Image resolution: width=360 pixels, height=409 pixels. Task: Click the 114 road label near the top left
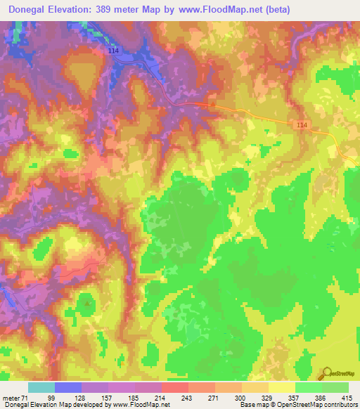pyautogui.click(x=114, y=51)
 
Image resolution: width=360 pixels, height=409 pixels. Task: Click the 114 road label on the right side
pyautogui.click(x=302, y=124)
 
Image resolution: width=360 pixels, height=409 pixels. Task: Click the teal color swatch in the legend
pyautogui.click(x=41, y=387)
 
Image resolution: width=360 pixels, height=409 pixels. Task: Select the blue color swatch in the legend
pyautogui.click(x=68, y=387)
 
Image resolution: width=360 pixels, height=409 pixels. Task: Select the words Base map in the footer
pyautogui.click(x=252, y=405)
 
